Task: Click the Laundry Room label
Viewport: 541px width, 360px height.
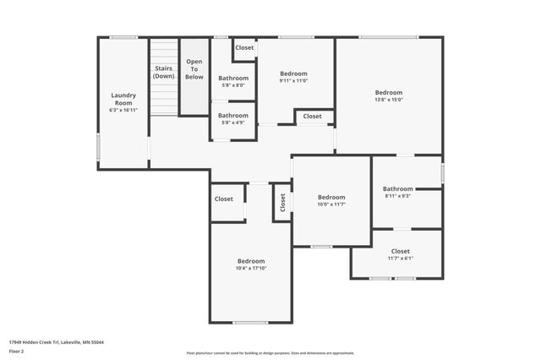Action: point(123,99)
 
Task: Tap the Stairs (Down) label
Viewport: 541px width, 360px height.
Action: point(164,72)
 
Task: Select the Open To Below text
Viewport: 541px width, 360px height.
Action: point(194,68)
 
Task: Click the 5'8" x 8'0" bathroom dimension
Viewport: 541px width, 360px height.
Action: point(233,85)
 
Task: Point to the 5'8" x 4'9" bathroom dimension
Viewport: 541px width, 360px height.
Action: point(233,123)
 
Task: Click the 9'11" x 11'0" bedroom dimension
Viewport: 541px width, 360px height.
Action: point(294,81)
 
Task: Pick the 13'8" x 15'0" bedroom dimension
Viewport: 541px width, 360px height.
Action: point(389,100)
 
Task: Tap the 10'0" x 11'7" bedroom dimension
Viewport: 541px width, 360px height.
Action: point(331,205)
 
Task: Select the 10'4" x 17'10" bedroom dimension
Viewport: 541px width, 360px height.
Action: point(251,269)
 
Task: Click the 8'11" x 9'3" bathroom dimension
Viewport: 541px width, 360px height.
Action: point(397,196)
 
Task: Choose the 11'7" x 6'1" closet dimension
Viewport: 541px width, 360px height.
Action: point(400,259)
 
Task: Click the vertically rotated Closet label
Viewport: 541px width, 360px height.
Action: point(282,203)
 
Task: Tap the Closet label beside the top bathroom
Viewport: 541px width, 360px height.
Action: point(244,48)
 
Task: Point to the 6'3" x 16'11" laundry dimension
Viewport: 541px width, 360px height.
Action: point(123,110)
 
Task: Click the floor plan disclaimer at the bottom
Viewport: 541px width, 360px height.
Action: point(270,352)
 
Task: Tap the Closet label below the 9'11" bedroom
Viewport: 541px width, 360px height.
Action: point(312,116)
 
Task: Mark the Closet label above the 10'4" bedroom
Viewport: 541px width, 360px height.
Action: point(224,199)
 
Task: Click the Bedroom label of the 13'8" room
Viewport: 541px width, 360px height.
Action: point(389,92)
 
